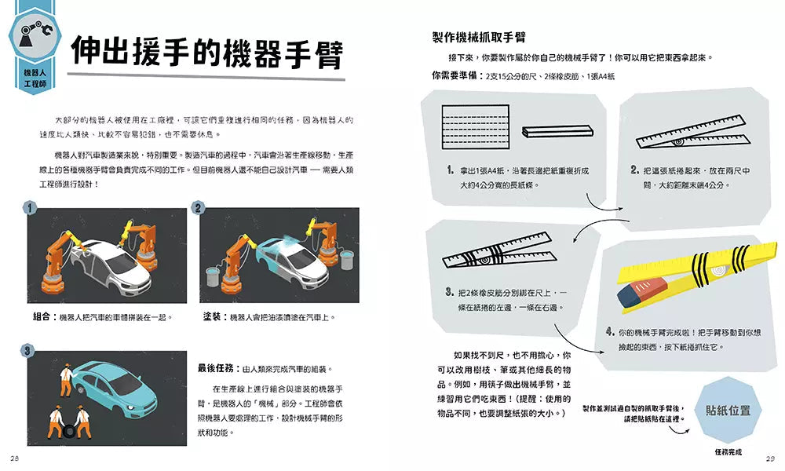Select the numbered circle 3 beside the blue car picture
27,350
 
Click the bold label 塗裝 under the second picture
213,317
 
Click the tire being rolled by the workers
71,430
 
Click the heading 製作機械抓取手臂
479,37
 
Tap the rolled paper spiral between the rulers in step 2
677,143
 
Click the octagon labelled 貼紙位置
728,410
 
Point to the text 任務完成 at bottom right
728,451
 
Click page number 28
15,458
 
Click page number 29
769,458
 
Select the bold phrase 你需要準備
456,76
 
